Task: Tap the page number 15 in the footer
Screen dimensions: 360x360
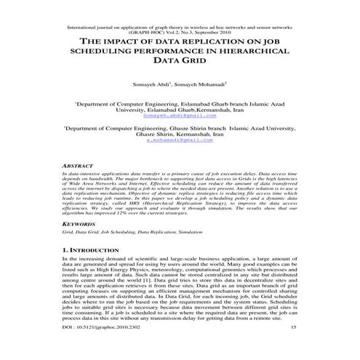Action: (x=293, y=348)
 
